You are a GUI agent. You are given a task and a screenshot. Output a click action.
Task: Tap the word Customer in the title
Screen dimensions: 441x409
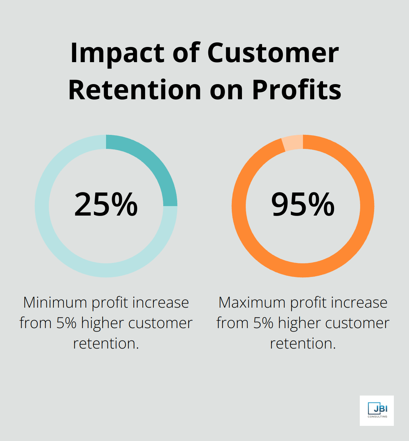tap(273, 53)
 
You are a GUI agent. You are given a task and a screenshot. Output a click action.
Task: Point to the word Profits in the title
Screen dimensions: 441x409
tap(297, 90)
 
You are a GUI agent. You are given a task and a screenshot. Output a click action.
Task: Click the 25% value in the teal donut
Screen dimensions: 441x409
tap(106, 205)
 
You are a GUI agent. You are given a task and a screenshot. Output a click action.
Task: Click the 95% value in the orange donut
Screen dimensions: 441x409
tap(303, 205)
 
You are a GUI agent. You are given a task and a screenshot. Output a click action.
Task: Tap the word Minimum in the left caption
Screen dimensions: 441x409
tap(55, 303)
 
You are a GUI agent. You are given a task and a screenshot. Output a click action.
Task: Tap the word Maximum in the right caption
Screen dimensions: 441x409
tap(252, 303)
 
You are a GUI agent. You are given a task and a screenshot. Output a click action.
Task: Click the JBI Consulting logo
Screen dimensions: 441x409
tap(376, 411)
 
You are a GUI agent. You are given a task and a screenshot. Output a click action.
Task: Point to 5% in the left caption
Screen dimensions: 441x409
tap(66, 323)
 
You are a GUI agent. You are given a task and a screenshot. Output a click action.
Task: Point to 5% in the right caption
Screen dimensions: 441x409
tap(263, 323)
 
